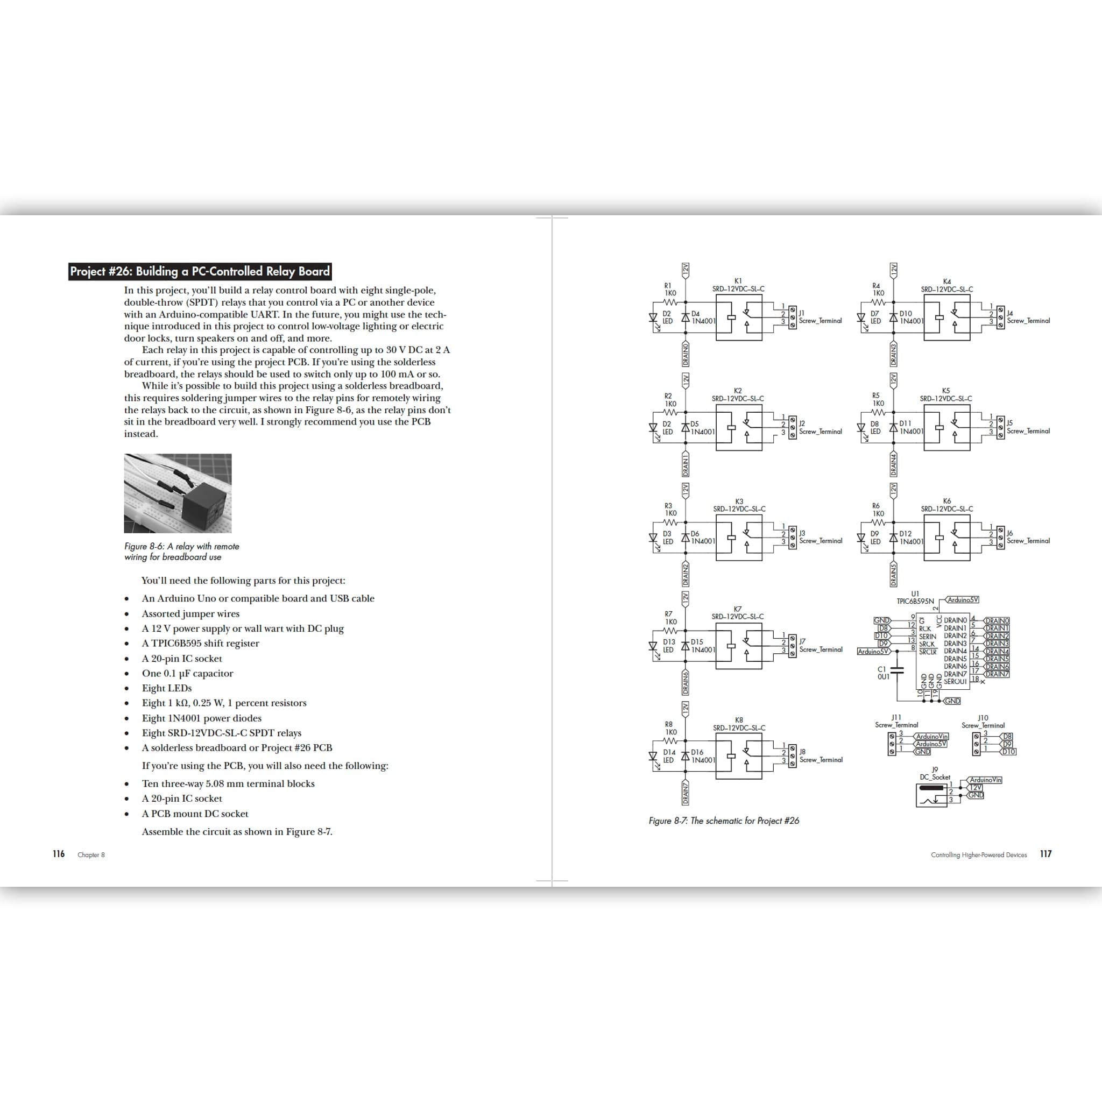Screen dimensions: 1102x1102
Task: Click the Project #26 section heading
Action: pyautogui.click(x=200, y=272)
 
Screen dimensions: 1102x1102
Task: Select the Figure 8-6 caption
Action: pyautogui.click(x=181, y=552)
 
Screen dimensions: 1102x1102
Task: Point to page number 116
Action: pyautogui.click(x=58, y=854)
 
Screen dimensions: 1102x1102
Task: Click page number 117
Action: pyautogui.click(x=1046, y=854)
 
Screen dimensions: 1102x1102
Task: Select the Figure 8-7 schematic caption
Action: pyautogui.click(x=723, y=821)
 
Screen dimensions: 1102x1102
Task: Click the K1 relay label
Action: pyautogui.click(x=738, y=281)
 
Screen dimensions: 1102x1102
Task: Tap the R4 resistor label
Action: pyautogui.click(x=876, y=286)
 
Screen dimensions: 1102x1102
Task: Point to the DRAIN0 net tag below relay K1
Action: pyautogui.click(x=685, y=354)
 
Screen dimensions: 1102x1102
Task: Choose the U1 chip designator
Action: pyautogui.click(x=915, y=594)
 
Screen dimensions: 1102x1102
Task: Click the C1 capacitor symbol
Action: pyautogui.click(x=897, y=672)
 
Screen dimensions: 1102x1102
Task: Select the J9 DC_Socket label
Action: pyautogui.click(x=934, y=773)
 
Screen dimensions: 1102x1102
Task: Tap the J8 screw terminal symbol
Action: pyautogui.click(x=792, y=756)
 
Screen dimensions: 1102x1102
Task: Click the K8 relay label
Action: pyautogui.click(x=739, y=720)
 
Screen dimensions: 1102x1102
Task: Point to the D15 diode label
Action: pyautogui.click(x=698, y=642)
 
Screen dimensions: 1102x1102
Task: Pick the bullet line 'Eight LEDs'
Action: pyautogui.click(x=167, y=688)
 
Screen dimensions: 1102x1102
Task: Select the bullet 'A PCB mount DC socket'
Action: pyautogui.click(x=194, y=814)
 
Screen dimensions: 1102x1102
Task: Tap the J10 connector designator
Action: pyautogui.click(x=983, y=718)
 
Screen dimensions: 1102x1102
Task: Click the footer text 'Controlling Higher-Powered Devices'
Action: pyautogui.click(x=979, y=854)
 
